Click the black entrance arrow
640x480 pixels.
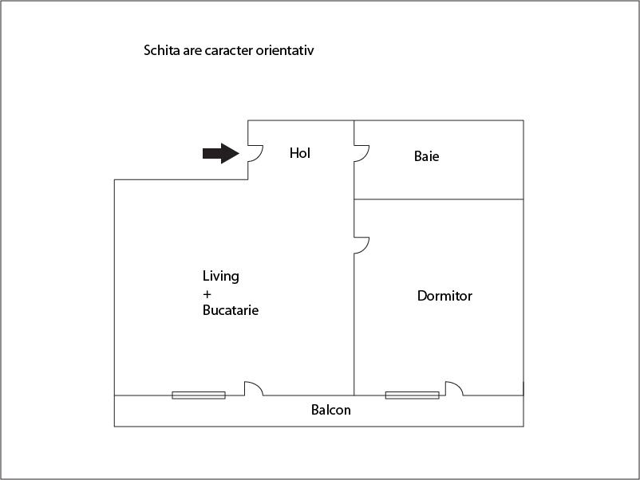point(221,153)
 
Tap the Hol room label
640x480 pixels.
point(300,153)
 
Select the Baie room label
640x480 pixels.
point(426,156)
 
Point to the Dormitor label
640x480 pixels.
point(444,296)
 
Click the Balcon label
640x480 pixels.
point(330,410)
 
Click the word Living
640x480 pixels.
point(221,277)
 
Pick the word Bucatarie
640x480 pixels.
point(231,310)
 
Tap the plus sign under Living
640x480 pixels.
point(207,294)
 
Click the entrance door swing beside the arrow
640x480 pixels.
point(255,153)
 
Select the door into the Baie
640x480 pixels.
point(361,153)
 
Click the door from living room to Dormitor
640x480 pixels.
point(361,245)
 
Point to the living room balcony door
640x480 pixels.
point(254,388)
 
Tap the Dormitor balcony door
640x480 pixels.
point(454,388)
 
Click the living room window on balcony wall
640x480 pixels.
point(199,395)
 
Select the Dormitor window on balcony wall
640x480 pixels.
point(413,395)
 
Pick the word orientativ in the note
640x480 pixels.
point(285,50)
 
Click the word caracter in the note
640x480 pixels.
point(228,50)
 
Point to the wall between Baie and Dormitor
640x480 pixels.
point(439,199)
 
